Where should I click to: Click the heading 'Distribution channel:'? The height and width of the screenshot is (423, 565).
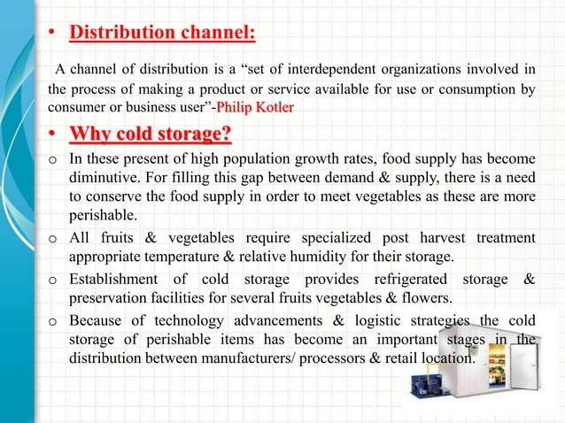coord(163,35)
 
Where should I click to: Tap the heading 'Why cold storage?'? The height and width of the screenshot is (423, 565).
coord(151,135)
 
